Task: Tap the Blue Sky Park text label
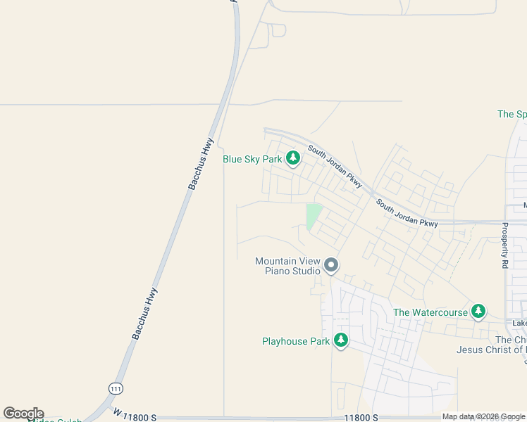click(252, 160)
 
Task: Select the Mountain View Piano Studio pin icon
click(331, 265)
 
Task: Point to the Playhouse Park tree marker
click(341, 341)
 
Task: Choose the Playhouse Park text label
click(296, 342)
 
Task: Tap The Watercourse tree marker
click(478, 311)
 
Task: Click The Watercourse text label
click(430, 312)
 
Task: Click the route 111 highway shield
click(114, 388)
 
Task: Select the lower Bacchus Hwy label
click(144, 314)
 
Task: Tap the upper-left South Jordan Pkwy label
click(335, 167)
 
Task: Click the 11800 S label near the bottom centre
click(360, 417)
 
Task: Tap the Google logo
click(23, 414)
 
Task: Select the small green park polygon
click(313, 215)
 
